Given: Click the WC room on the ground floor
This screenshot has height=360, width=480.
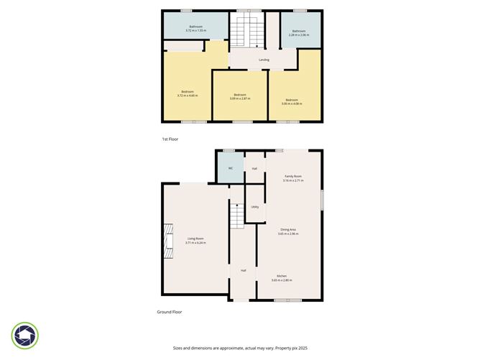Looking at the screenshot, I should coord(230,168).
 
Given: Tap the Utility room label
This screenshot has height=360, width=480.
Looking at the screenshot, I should coord(254,207).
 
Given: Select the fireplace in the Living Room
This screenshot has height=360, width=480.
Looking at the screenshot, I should coord(169,241).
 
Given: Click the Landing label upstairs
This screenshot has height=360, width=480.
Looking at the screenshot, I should coord(264,60).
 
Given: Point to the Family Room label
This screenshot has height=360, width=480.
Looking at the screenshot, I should coord(292,176).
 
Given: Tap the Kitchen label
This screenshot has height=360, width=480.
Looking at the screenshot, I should coord(281,276).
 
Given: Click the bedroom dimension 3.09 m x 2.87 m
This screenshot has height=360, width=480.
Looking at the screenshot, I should coord(240,98).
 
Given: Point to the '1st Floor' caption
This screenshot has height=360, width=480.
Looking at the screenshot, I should coord(170,139).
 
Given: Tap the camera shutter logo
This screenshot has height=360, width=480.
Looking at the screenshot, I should coord(25,336).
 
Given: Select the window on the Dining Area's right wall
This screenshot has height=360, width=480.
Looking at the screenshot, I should coord(322,199).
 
